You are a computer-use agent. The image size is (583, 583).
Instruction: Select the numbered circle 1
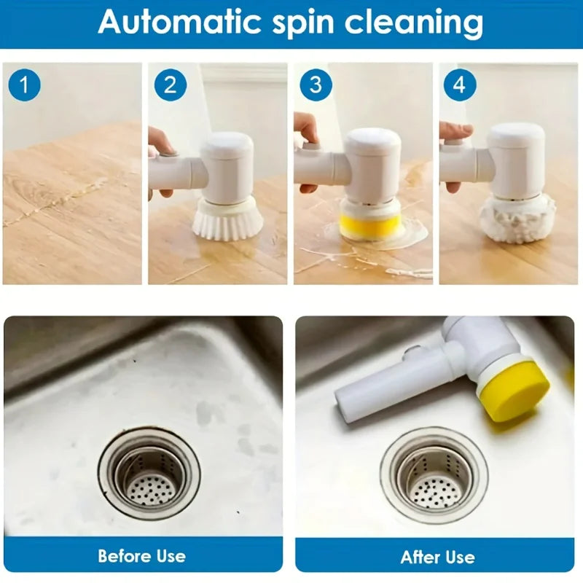click(24, 85)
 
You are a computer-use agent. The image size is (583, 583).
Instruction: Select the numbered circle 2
click(170, 85)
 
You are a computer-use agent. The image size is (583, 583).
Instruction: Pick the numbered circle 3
click(315, 85)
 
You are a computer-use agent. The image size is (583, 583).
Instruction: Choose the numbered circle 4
click(459, 85)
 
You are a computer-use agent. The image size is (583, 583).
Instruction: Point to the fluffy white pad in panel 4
click(517, 219)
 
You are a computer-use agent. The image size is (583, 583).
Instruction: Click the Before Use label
click(142, 556)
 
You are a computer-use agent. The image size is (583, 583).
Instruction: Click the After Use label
click(438, 557)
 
